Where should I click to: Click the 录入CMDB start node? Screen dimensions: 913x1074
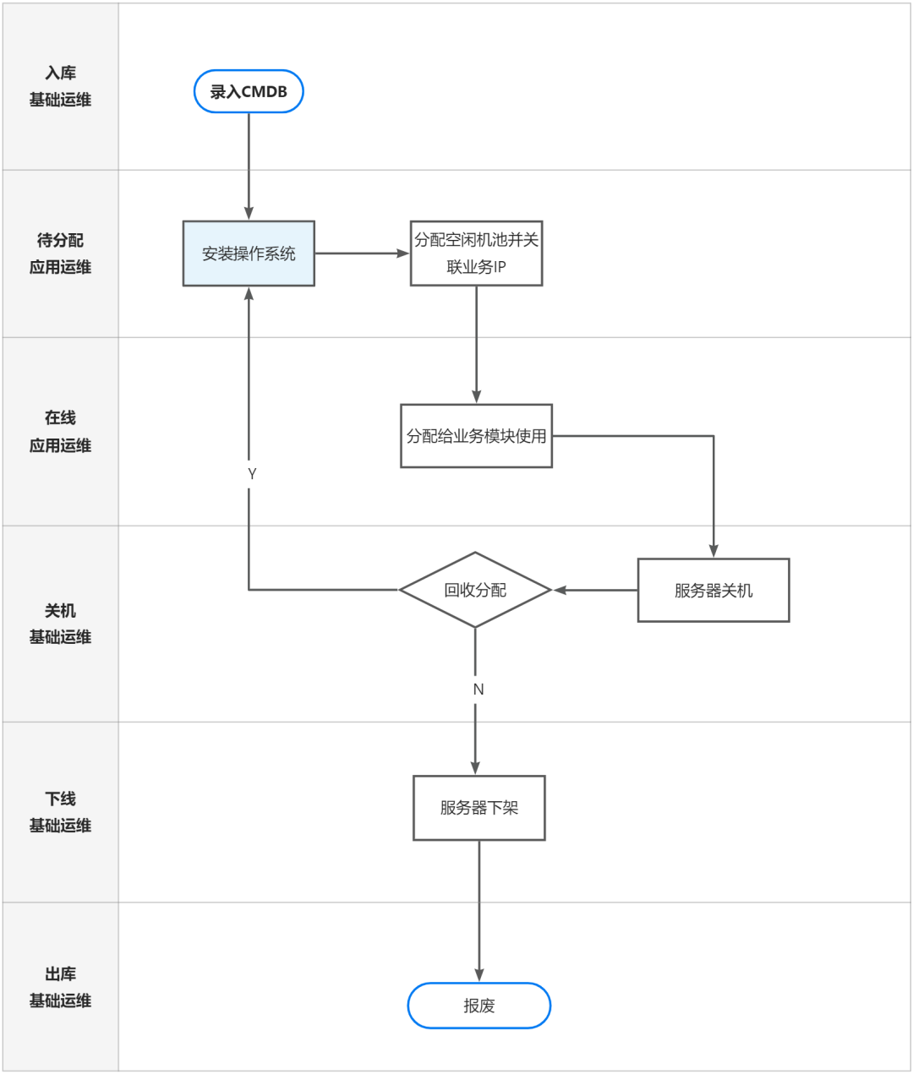[x=249, y=91]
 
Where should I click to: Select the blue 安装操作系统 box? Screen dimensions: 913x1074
[x=249, y=254]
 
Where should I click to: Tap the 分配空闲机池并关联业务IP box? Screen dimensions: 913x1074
[x=476, y=254]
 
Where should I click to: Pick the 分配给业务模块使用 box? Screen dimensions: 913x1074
[x=476, y=436]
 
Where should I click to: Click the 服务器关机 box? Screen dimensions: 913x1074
[x=713, y=591]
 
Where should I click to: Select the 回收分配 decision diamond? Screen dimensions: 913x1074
[x=475, y=591]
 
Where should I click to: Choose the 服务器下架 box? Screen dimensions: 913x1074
[x=478, y=808]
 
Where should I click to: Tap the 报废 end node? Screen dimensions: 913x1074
[x=478, y=1006]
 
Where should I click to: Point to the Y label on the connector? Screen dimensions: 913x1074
[x=252, y=474]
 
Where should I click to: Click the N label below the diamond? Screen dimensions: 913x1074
[x=478, y=690]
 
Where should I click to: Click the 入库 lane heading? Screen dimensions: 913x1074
[x=60, y=73]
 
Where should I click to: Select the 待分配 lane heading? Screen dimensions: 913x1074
[x=60, y=240]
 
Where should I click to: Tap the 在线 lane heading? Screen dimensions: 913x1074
[x=60, y=417]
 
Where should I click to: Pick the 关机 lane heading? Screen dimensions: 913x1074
[x=60, y=611]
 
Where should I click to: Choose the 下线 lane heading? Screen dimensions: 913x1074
[x=60, y=799]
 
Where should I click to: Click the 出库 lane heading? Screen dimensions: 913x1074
[x=60, y=973]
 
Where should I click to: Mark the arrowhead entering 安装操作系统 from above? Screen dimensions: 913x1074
[x=249, y=213]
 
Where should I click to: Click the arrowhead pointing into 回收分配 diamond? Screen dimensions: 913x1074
[x=560, y=591]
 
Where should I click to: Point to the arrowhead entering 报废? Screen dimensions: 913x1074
[x=478, y=975]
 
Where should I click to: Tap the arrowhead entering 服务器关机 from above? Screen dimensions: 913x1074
[x=713, y=551]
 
